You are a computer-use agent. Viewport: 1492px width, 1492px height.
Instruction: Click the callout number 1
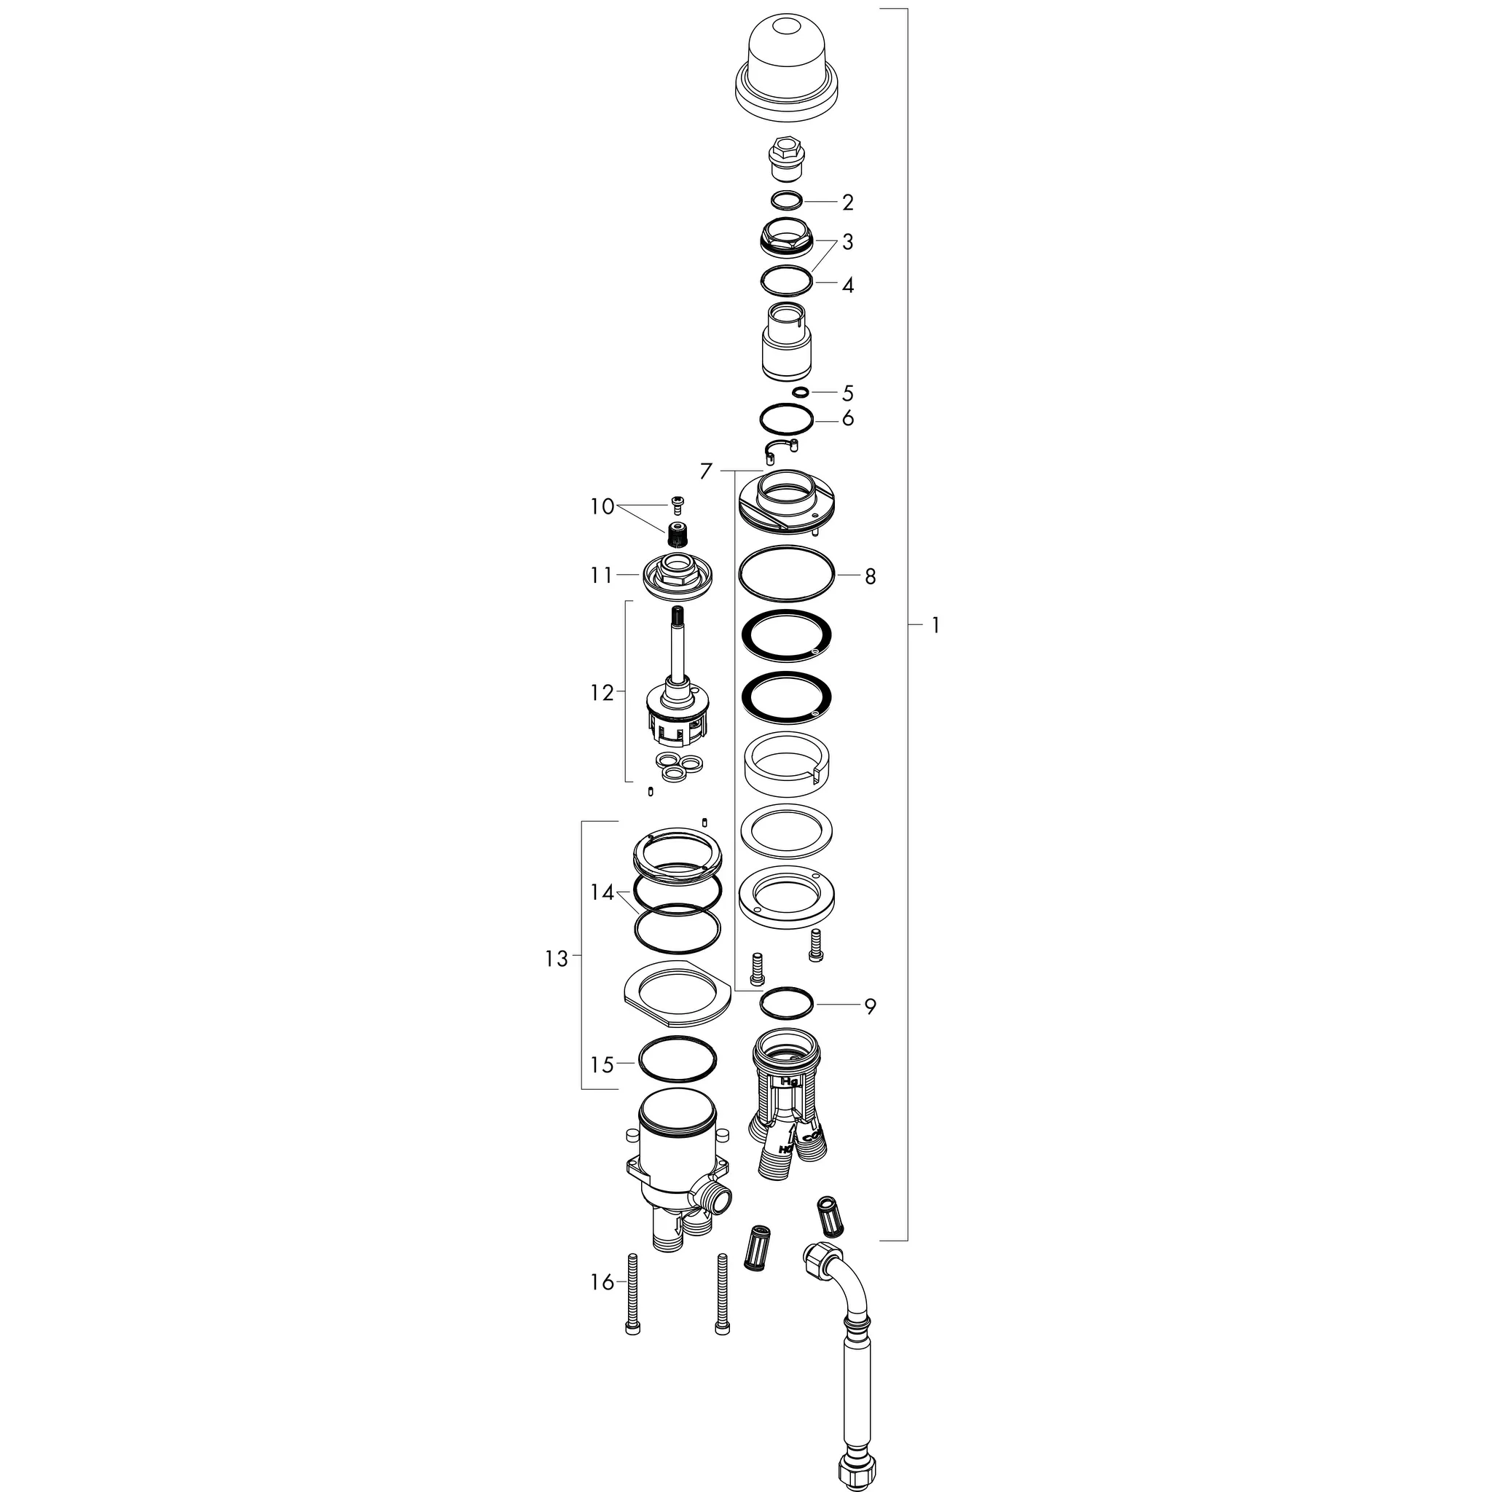tap(935, 626)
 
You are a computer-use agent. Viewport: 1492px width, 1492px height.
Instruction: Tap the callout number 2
tap(848, 203)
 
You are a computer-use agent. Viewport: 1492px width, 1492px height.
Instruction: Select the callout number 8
tap(871, 577)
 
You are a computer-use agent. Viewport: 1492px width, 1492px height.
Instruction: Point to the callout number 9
tap(871, 1007)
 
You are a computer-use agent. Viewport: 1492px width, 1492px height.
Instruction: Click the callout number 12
tap(602, 694)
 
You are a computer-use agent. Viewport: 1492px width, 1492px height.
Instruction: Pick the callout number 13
tap(556, 959)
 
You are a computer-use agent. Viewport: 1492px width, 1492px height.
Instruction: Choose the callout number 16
tap(602, 1283)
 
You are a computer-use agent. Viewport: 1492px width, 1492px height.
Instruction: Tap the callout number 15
tap(602, 1066)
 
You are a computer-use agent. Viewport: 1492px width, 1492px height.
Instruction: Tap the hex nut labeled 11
tap(678, 574)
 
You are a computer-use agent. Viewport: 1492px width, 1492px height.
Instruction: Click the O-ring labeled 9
tap(787, 1005)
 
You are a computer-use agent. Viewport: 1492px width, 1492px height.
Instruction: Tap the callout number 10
tap(602, 507)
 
